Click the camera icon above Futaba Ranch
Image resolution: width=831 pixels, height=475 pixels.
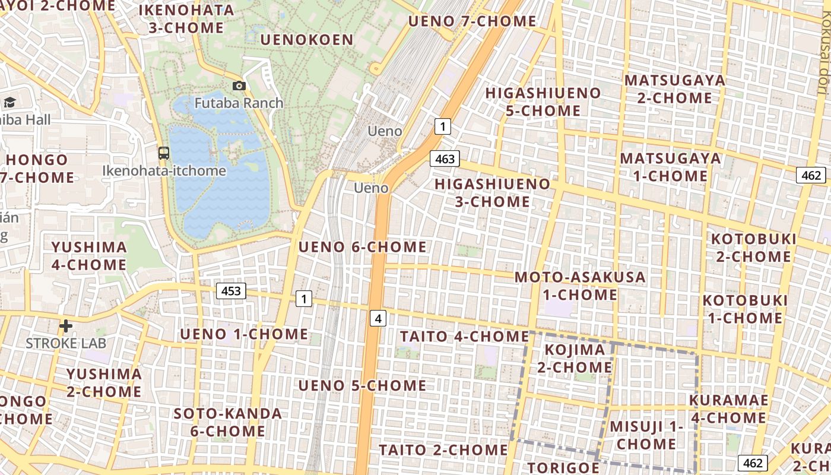[x=239, y=86]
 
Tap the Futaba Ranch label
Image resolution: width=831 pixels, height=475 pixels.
[x=239, y=103]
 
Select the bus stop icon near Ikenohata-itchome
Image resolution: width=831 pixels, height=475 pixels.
[x=164, y=153]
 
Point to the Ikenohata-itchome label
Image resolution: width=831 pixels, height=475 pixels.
[x=164, y=171]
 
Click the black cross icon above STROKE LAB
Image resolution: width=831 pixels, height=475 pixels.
[x=66, y=326]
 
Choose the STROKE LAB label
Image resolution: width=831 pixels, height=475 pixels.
[x=66, y=343]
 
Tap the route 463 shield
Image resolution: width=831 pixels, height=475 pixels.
[x=445, y=159]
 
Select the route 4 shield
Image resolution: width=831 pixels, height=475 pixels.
[x=378, y=318]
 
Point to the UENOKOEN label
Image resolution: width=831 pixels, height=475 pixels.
[x=307, y=40]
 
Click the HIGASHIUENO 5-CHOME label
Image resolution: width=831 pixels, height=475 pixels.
[x=543, y=102]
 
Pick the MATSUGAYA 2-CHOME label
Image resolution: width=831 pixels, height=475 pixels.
[x=675, y=89]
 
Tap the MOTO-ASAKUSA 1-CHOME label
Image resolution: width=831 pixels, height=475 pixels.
[x=580, y=286]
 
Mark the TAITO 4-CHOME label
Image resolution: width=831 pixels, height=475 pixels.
[x=464, y=337]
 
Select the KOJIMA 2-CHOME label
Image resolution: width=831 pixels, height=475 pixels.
[x=575, y=359]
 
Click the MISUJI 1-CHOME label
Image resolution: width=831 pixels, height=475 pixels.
[x=646, y=435]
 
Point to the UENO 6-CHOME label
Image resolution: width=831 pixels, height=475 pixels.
[x=362, y=247]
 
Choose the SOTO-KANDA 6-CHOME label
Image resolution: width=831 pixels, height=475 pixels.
[x=228, y=422]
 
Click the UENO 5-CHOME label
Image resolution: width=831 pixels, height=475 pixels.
[x=362, y=386]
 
